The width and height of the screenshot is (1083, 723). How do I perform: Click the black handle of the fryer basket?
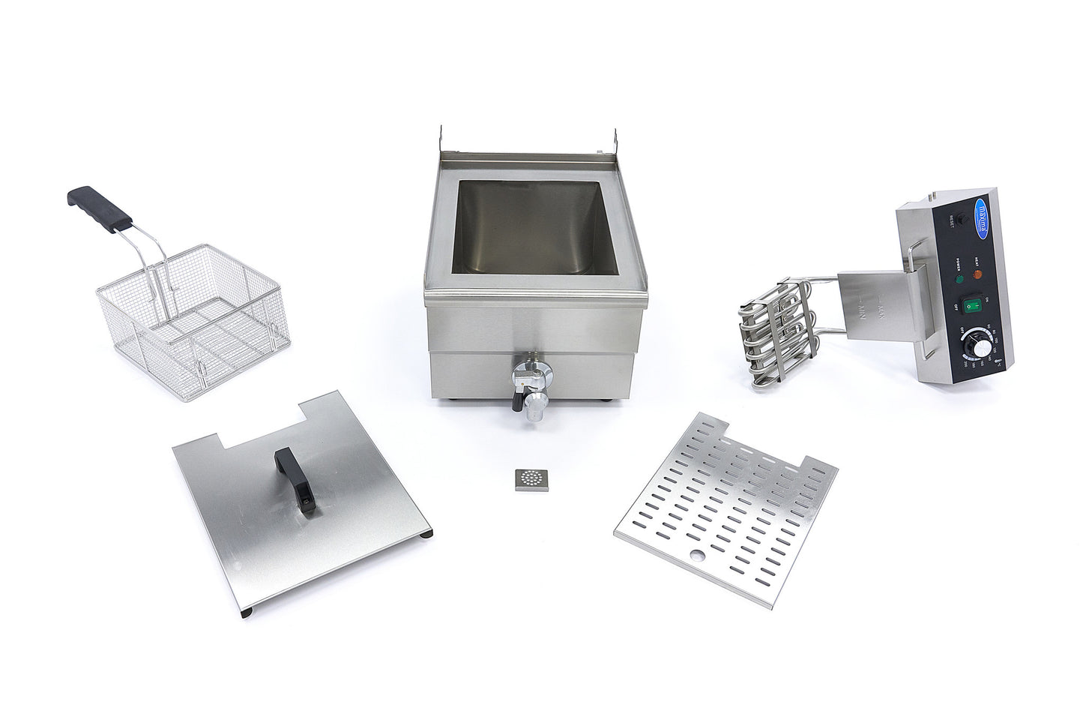[x=100, y=208]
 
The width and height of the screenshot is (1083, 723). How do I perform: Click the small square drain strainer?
[x=529, y=479]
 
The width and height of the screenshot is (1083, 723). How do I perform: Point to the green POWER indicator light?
[x=959, y=279]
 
